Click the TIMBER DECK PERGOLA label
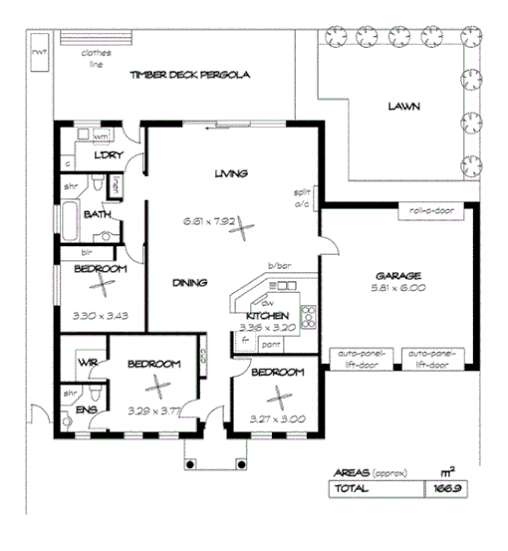pyautogui.click(x=188, y=75)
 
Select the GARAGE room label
pyautogui.click(x=401, y=276)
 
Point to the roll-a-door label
pyautogui.click(x=427, y=212)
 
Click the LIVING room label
pyautogui.click(x=231, y=173)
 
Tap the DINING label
pyautogui.click(x=188, y=282)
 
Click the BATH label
pyautogui.click(x=97, y=214)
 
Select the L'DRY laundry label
pyautogui.click(x=107, y=155)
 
